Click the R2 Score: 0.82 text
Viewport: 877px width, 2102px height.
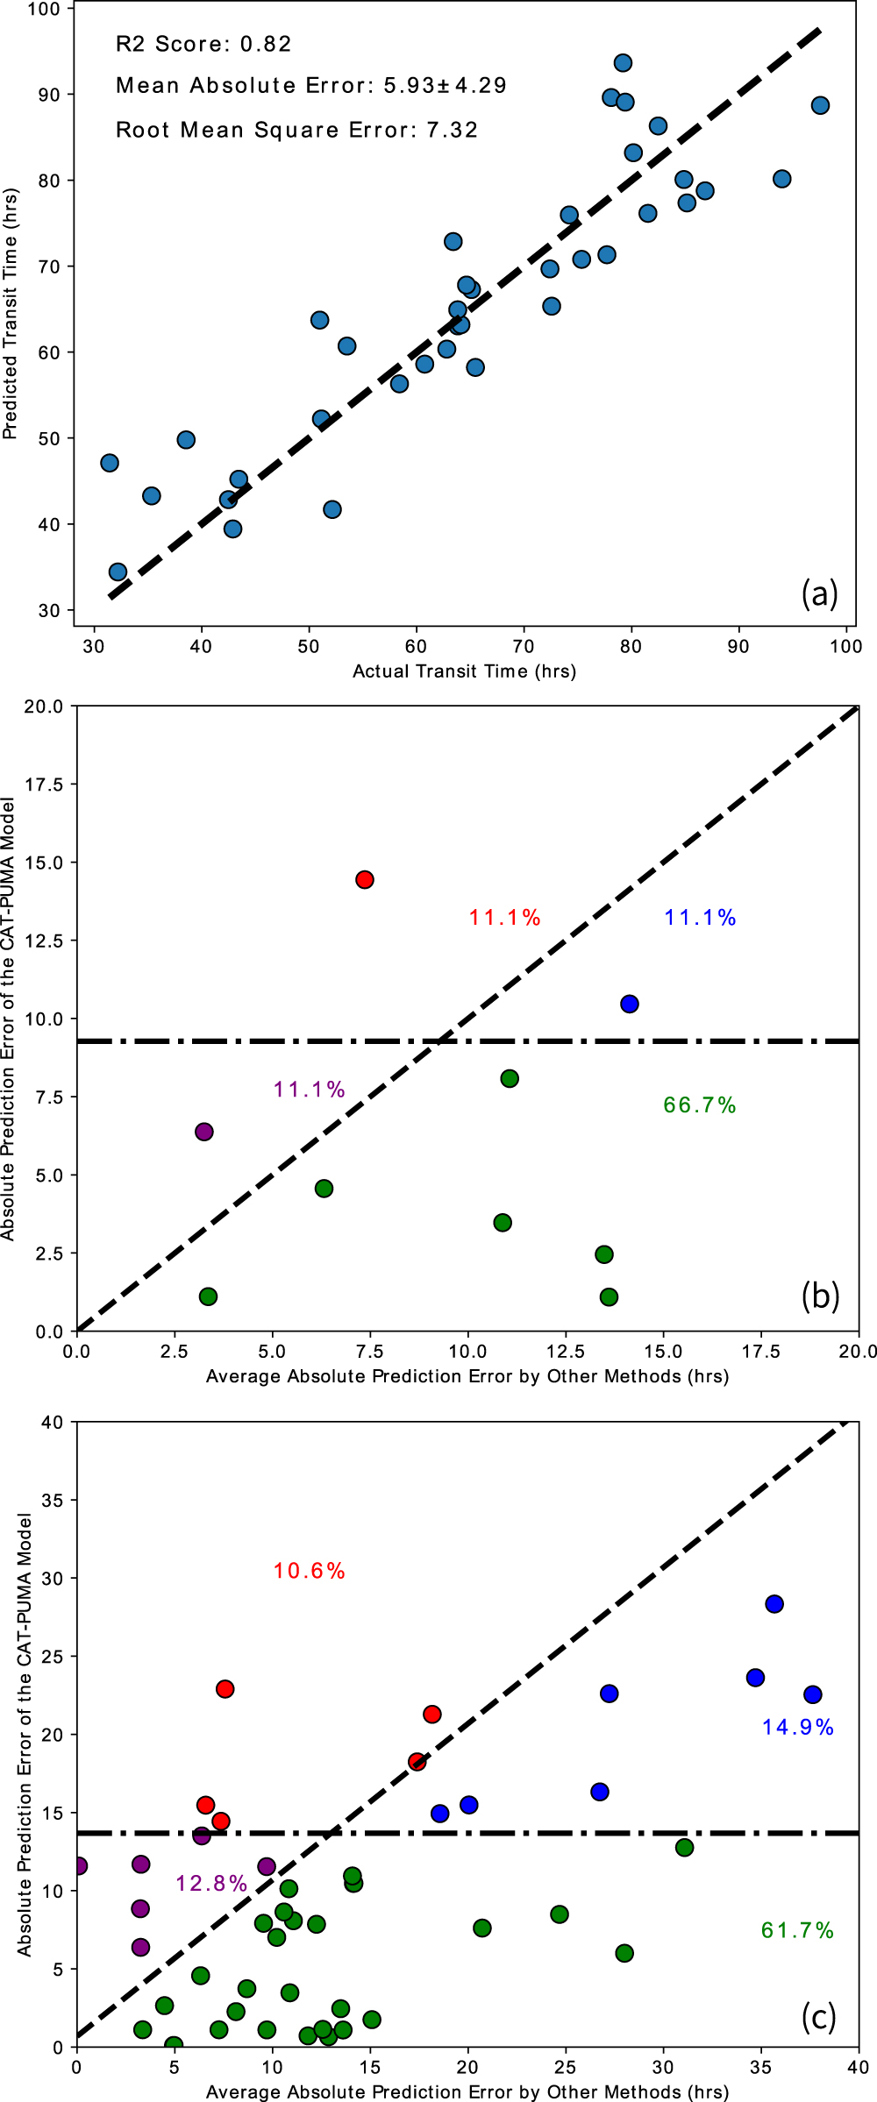203,44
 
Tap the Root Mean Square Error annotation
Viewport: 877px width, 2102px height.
296,130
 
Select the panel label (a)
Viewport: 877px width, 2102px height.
819,593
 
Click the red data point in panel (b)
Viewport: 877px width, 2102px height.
365,879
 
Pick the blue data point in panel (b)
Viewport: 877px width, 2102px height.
629,1004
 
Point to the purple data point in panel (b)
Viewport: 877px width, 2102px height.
204,1132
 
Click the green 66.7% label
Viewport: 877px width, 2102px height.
699,1104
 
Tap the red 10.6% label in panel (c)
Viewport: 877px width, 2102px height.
309,1570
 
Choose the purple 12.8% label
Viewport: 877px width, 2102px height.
211,1883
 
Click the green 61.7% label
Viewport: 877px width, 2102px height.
797,1929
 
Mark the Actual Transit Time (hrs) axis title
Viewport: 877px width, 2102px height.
464,671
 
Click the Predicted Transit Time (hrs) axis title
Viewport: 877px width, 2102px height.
11,314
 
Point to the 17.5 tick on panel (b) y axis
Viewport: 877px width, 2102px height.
44,785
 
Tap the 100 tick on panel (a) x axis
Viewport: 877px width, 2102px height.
845,646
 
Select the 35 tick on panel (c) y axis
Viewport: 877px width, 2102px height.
52,1500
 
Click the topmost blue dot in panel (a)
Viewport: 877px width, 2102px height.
623,63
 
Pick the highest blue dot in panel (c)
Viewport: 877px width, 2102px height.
774,1603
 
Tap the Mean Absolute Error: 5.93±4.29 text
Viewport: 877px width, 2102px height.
311,85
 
